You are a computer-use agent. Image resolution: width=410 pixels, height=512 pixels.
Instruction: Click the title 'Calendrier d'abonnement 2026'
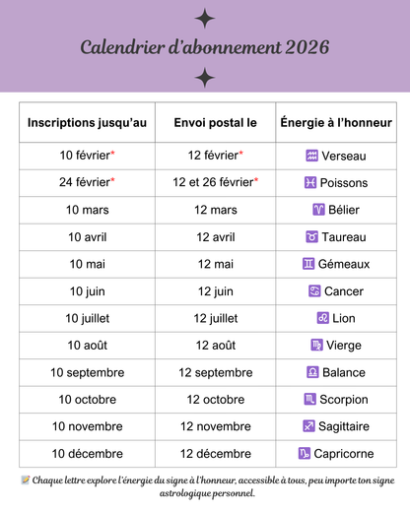pos(204,47)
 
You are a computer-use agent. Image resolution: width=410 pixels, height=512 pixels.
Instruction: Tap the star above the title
pos(205,17)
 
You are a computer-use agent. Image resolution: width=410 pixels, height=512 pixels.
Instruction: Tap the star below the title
pos(205,78)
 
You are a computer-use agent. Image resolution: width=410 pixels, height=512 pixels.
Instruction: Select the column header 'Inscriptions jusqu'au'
pos(87,122)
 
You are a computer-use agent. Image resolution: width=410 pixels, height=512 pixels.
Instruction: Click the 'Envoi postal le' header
pos(215,122)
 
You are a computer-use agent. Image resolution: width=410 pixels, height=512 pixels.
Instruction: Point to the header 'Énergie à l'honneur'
pos(336,122)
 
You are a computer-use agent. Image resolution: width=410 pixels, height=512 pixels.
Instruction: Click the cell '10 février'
pos(87,156)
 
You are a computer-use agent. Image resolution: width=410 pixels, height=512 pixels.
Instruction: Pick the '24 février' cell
pos(87,182)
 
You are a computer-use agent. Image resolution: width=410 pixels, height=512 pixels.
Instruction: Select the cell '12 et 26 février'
pos(215,182)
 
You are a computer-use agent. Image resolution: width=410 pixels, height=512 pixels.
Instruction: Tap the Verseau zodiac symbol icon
pos(311,156)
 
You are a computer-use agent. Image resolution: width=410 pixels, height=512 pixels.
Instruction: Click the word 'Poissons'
pos(344,182)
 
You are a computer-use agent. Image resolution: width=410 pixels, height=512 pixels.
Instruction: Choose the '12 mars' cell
pos(215,210)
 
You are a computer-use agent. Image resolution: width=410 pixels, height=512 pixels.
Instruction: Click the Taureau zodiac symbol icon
pos(312,237)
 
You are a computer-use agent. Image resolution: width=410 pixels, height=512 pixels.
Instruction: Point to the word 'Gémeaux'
pos(344,264)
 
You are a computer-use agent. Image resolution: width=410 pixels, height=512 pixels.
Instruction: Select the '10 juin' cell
pos(87,291)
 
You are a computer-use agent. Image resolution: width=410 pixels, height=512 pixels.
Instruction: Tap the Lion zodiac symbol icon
pos(321,318)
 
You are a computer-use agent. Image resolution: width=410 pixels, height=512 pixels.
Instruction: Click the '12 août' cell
pos(215,346)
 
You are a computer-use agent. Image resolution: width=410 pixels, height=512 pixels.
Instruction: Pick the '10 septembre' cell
pos(87,372)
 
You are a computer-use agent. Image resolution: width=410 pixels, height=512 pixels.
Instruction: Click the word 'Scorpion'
pos(344,400)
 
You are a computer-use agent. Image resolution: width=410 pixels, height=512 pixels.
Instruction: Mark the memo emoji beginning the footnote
pos(26,480)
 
